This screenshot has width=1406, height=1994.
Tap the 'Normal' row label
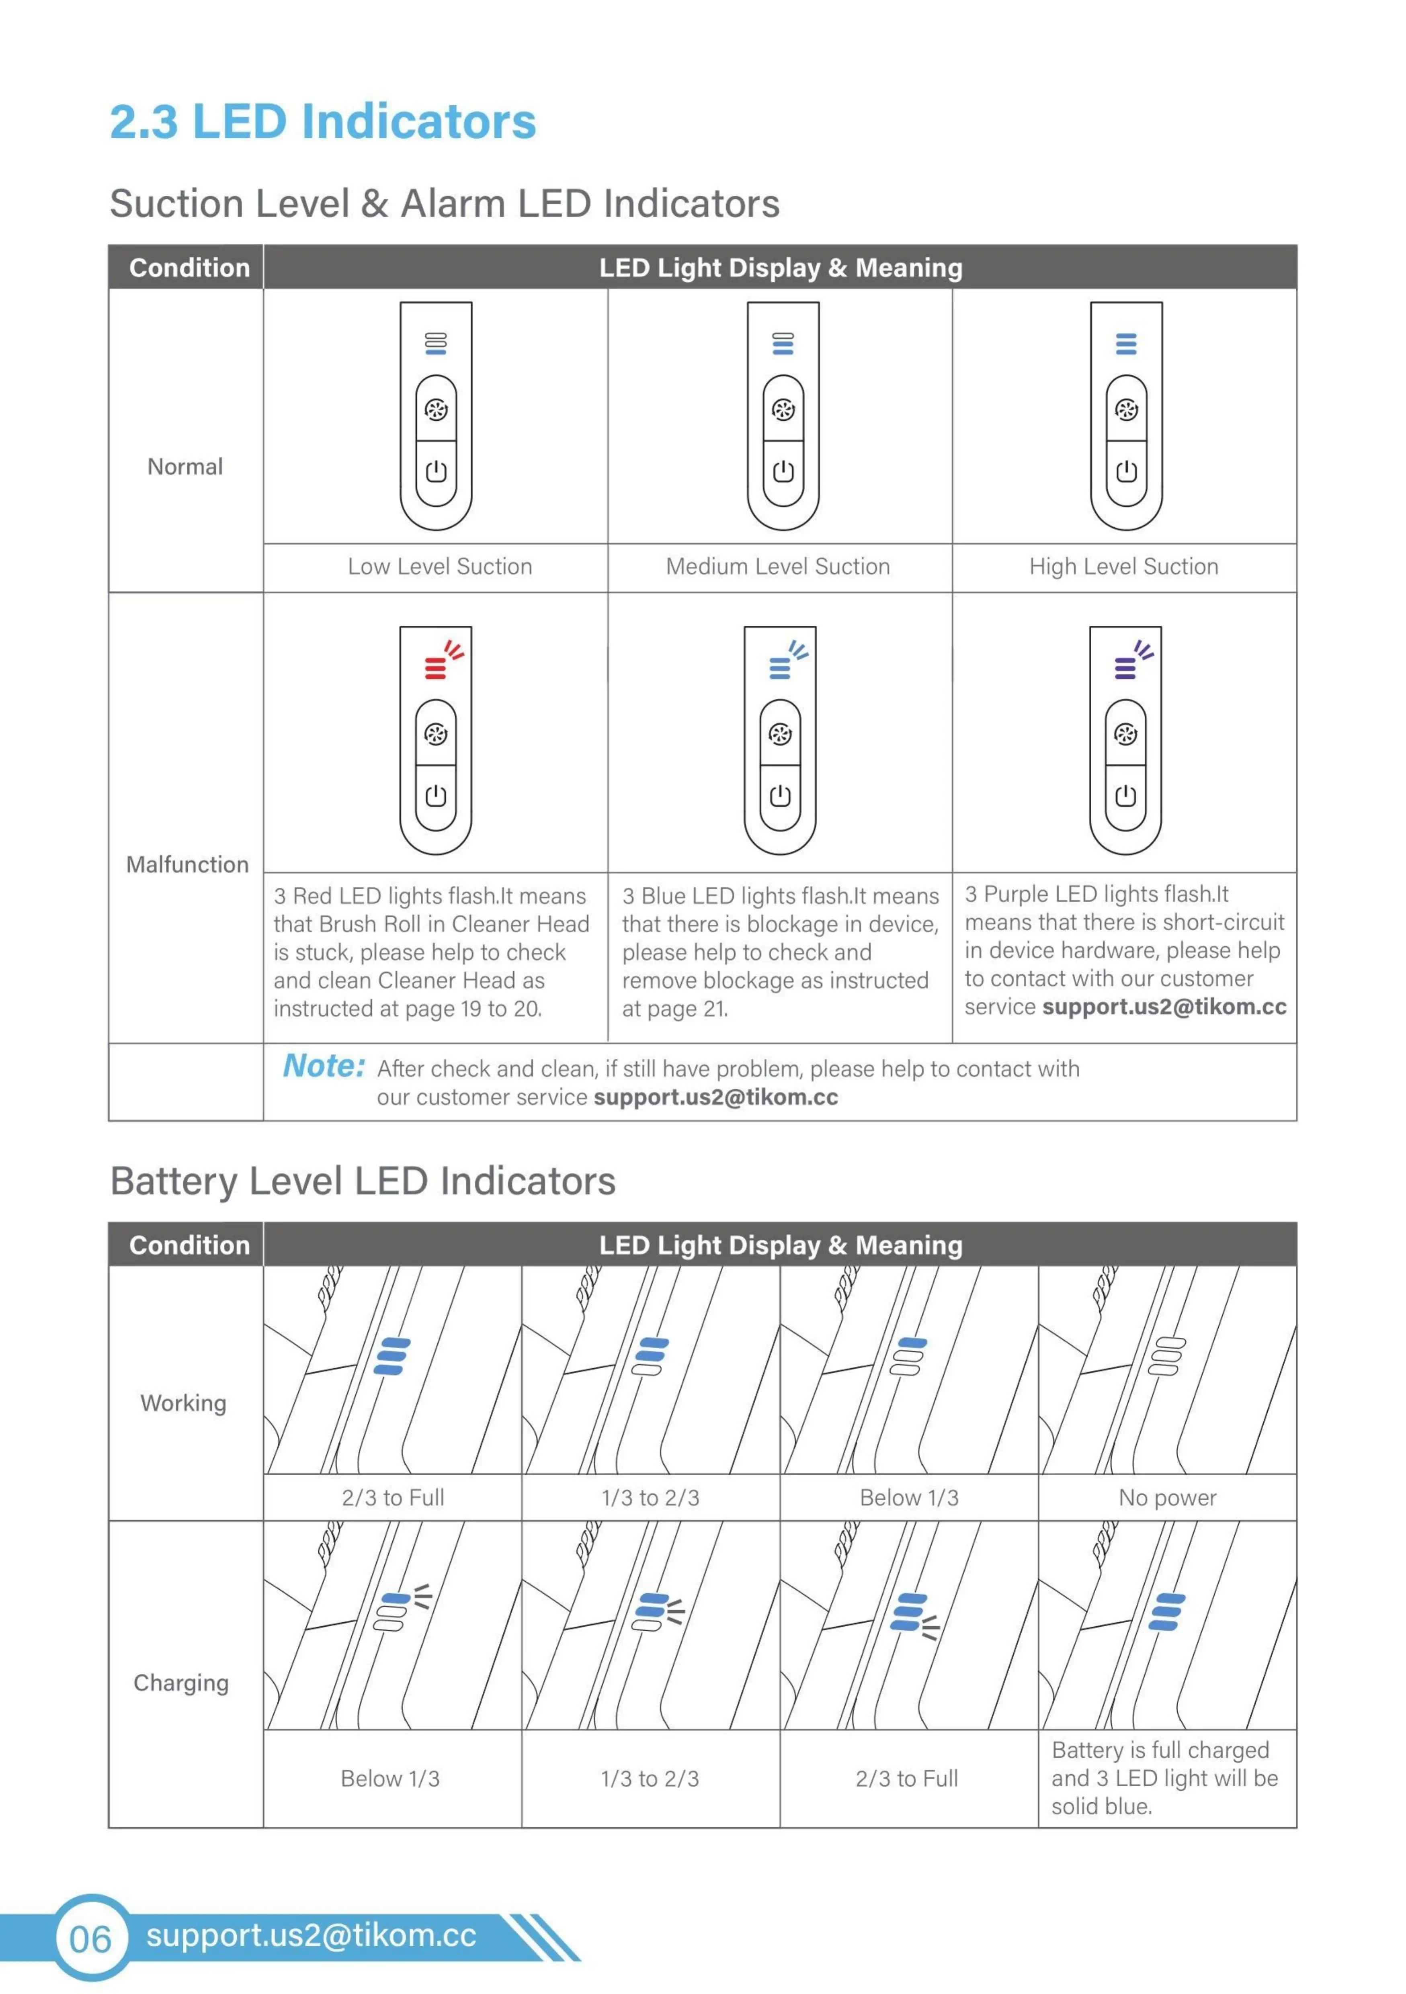(x=185, y=467)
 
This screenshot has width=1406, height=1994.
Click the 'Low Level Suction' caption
(x=439, y=567)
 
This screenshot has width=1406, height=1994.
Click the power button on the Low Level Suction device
(x=436, y=472)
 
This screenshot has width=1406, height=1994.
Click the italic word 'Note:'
(x=324, y=1067)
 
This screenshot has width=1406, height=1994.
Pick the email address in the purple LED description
(x=1164, y=1007)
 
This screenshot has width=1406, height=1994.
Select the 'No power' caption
(x=1167, y=1498)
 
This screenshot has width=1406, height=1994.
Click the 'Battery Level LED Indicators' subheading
(x=363, y=1182)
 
